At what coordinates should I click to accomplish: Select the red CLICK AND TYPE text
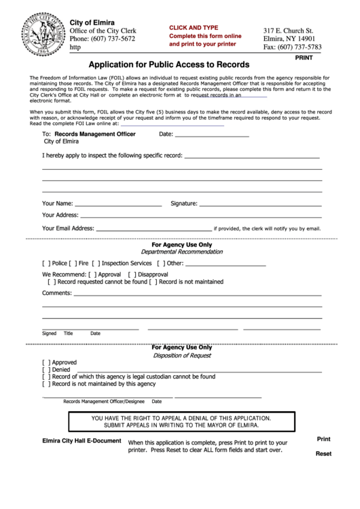[194, 27]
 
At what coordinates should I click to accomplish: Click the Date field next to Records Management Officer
[213, 135]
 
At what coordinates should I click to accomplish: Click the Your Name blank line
[118, 204]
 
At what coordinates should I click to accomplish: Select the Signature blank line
[258, 204]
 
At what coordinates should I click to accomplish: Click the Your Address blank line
[196, 216]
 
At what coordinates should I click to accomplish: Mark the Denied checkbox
[46, 370]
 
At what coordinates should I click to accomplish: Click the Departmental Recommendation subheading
[181, 251]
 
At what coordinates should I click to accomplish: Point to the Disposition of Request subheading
[181, 355]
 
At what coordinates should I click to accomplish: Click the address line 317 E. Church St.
[288, 31]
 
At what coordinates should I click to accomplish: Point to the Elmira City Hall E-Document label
[82, 440]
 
